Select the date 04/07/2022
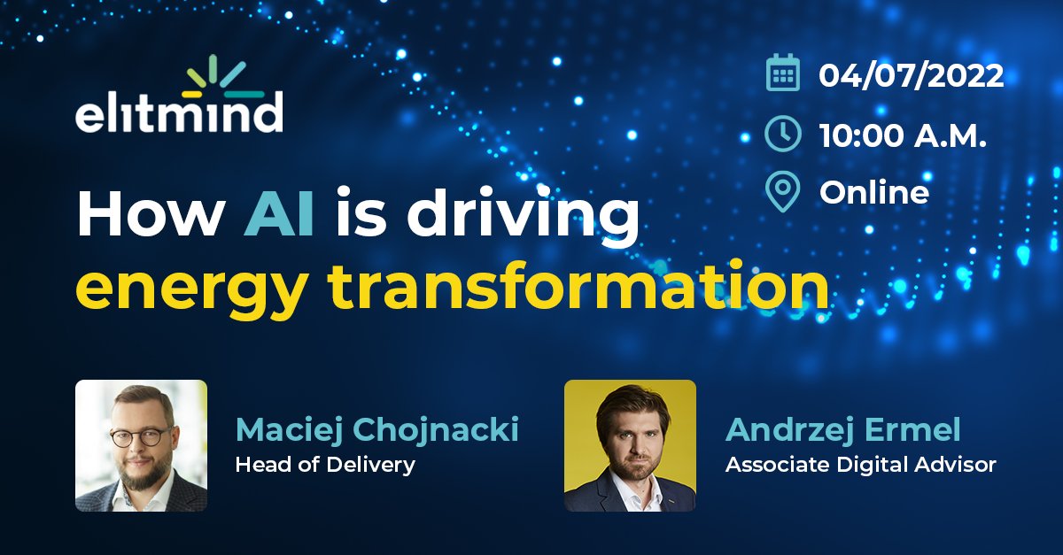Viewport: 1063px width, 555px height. point(912,75)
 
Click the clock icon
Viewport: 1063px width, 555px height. point(783,134)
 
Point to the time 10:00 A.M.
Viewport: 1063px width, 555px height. point(903,135)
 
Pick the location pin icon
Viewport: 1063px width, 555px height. point(783,192)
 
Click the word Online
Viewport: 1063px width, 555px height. point(874,193)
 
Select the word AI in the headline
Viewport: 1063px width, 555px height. point(279,217)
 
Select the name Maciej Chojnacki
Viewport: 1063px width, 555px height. point(376,430)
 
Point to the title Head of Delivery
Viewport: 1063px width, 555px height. point(325,464)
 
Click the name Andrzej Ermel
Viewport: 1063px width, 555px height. point(842,430)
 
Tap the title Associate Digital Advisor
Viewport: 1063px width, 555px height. point(860,464)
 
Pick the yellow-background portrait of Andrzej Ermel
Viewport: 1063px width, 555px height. point(630,445)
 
